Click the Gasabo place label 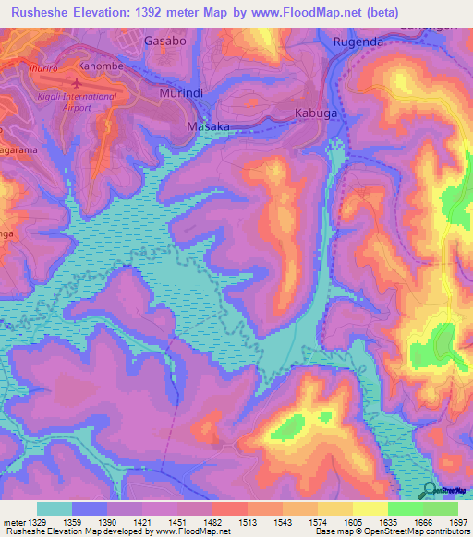(166, 42)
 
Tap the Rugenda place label (358, 42)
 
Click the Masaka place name (208, 125)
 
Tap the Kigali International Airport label (90, 101)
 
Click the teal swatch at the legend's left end (55, 508)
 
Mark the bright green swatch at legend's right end (441, 508)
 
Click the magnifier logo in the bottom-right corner (429, 491)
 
